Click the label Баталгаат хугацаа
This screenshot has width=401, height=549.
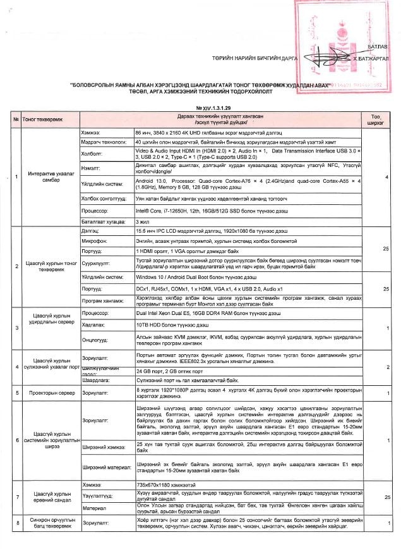click(100, 223)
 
